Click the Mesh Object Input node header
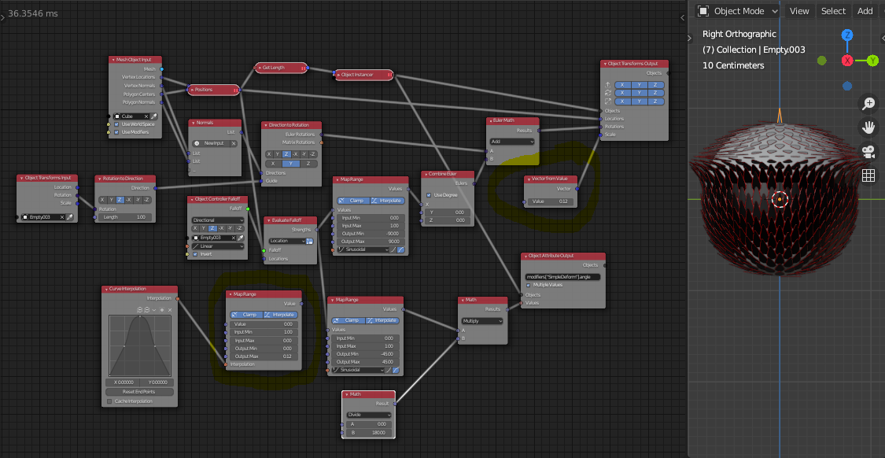(135, 60)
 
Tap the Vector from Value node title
(551, 179)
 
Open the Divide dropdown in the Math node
(368, 415)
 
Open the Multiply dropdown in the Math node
(482, 321)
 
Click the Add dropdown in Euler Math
(511, 142)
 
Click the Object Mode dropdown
(738, 11)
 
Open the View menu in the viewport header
(799, 11)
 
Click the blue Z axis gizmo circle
(847, 35)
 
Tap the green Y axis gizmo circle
(872, 61)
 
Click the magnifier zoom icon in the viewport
(868, 104)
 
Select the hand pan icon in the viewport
(868, 127)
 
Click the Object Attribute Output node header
(562, 257)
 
